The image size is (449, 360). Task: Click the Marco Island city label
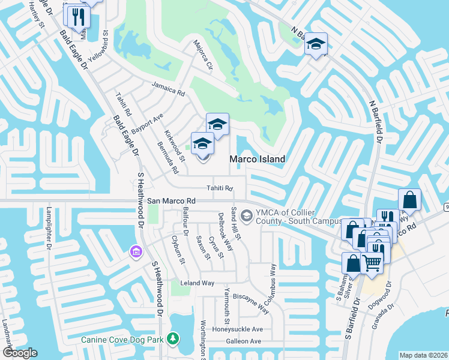[256, 159]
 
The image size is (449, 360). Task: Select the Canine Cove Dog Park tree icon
[173, 340]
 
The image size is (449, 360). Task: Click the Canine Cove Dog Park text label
[122, 340]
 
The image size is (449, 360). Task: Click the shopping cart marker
[372, 262]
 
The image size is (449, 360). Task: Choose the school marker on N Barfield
[316, 44]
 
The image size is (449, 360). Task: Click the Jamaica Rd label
[167, 89]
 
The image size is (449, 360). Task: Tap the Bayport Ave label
[148, 122]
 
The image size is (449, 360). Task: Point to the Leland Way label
[197, 283]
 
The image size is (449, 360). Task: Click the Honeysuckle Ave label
[241, 329]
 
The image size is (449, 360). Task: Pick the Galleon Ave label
[243, 341]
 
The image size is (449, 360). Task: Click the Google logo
[20, 352]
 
